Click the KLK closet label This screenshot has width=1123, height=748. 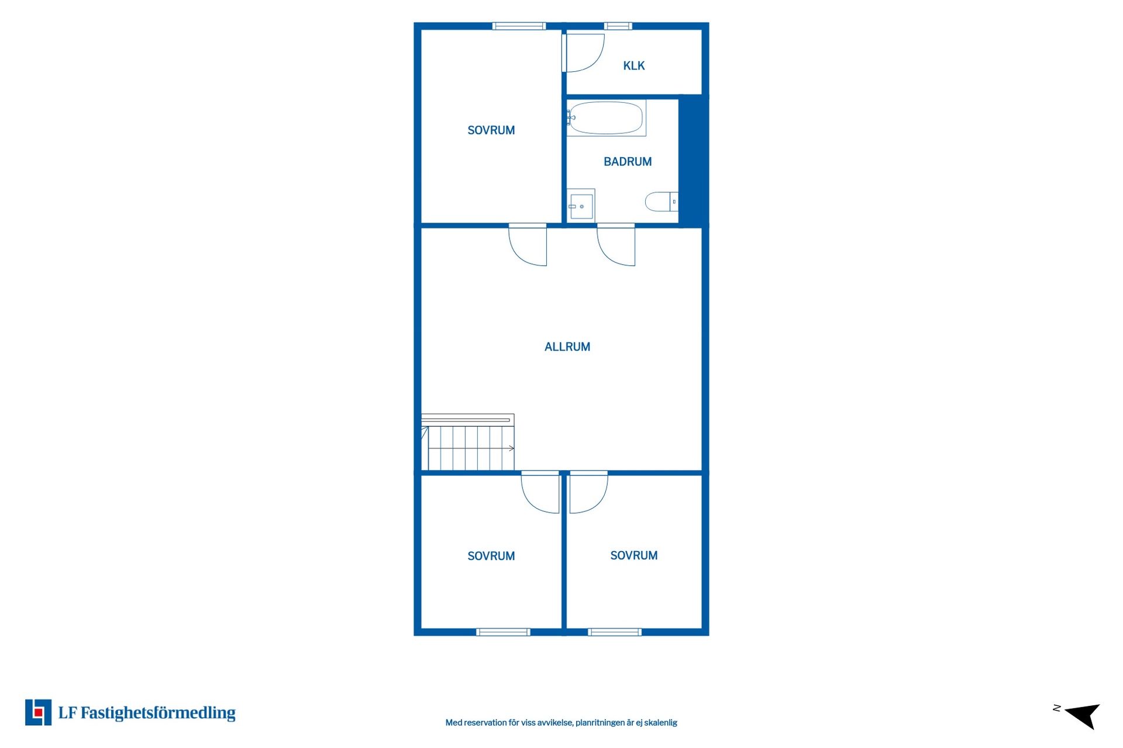(x=634, y=65)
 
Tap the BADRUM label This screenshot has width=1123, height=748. (x=628, y=161)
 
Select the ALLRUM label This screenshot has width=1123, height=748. (x=567, y=347)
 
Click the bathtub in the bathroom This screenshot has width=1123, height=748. (x=606, y=118)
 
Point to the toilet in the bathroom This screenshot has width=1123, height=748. (x=662, y=202)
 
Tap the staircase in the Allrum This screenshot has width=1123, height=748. (x=468, y=442)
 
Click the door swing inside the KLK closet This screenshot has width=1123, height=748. (x=583, y=53)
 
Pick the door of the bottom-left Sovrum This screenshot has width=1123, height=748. (x=540, y=492)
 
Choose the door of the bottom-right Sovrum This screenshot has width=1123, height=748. (x=589, y=492)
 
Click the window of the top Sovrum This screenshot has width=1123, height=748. (x=519, y=26)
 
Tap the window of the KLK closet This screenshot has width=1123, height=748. (x=618, y=26)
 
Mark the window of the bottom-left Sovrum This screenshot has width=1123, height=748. (x=503, y=632)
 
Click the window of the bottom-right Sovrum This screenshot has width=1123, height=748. (x=615, y=632)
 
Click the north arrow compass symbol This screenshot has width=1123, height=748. (x=1079, y=716)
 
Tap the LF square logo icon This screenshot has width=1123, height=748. (x=38, y=712)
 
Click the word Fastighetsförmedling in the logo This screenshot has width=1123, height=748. (x=158, y=713)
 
